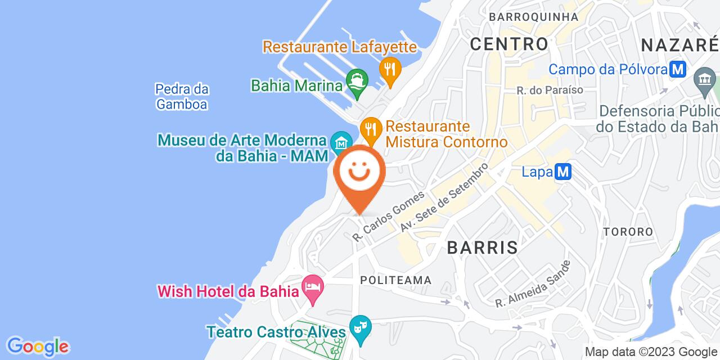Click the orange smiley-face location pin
click(x=359, y=174)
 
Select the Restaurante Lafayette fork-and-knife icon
click(x=389, y=69)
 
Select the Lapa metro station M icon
click(x=563, y=172)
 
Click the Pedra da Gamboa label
click(x=182, y=96)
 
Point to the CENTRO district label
click(x=508, y=43)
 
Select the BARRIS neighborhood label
click(x=482, y=247)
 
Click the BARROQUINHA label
click(x=533, y=17)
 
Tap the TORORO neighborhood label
click(x=628, y=232)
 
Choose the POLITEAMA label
click(x=395, y=280)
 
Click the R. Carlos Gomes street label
click(x=388, y=217)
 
